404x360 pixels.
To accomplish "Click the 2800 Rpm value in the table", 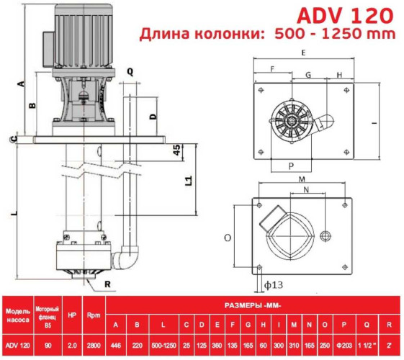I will point(94,346).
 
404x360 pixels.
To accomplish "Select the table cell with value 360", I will point(215,346).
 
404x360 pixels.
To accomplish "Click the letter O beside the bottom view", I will point(227,235).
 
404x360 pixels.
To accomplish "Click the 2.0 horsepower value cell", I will point(71,346).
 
